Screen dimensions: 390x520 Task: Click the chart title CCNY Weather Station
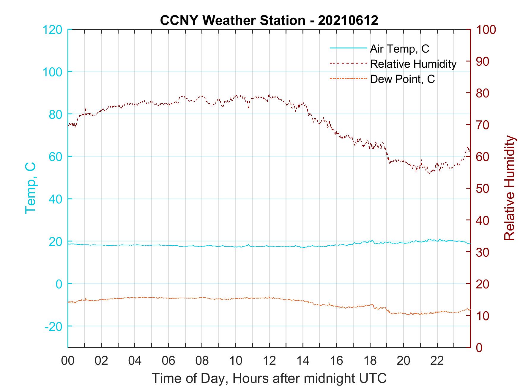(269, 20)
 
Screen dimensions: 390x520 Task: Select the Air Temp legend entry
(399, 49)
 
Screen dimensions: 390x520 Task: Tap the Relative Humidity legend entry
(413, 64)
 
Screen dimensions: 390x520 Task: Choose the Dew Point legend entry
(402, 79)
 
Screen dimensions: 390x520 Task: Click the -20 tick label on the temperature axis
(53, 326)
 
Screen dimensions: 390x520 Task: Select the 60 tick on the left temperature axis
(56, 157)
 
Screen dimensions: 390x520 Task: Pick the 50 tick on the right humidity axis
(483, 189)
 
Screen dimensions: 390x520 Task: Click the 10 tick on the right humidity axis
(483, 316)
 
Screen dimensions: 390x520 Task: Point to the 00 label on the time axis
(68, 361)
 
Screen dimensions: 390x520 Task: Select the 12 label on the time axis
(269, 361)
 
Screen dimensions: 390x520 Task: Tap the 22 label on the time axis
(437, 361)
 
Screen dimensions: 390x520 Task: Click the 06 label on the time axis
(168, 361)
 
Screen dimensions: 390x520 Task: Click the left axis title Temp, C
(30, 188)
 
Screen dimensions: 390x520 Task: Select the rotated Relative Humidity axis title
(509, 188)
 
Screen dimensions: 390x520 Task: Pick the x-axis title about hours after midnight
(269, 378)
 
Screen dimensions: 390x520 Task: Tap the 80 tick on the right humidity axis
(483, 93)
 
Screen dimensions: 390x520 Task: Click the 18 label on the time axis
(370, 361)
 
